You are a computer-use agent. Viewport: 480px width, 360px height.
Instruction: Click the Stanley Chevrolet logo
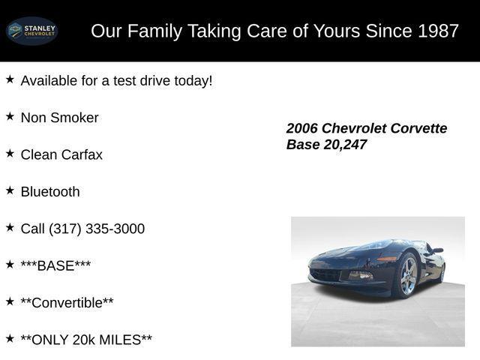[31, 31]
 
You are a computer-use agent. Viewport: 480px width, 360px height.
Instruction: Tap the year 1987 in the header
[439, 31]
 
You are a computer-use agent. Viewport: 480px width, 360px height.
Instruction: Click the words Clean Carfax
[61, 154]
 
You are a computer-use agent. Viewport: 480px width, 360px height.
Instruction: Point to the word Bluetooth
[50, 191]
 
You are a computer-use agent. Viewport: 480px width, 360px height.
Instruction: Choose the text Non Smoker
[59, 118]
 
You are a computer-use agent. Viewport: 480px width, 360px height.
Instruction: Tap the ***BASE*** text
[55, 265]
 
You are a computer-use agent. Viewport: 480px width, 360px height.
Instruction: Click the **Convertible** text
[67, 302]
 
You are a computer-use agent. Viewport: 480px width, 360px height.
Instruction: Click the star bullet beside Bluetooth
[10, 190]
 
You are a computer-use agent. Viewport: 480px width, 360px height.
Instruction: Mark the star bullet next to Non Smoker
[10, 116]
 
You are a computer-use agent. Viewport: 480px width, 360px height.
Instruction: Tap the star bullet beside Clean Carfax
[10, 153]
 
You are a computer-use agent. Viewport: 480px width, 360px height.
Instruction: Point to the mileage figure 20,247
[345, 145]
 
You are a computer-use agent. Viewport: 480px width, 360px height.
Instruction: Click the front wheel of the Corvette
[406, 275]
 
